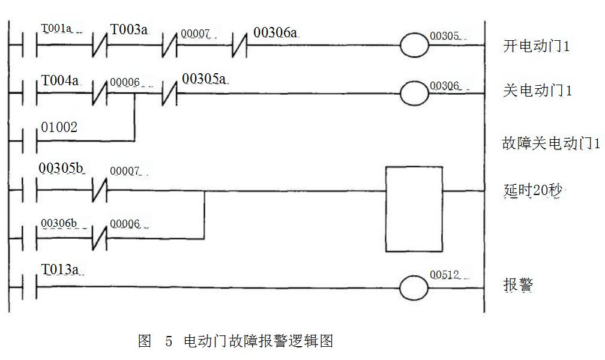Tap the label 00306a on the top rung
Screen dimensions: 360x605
pyautogui.click(x=275, y=32)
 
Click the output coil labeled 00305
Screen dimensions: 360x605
pyautogui.click(x=415, y=46)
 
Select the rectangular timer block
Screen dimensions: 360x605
pyautogui.click(x=414, y=209)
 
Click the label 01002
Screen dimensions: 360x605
pyautogui.click(x=59, y=127)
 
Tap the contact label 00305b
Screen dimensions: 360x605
pyautogui.click(x=61, y=169)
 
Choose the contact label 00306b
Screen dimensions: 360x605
pyautogui.click(x=59, y=223)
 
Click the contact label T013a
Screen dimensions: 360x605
pyautogui.click(x=59, y=270)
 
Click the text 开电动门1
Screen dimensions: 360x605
pyautogui.click(x=537, y=46)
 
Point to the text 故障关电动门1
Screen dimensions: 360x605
pyautogui.click(x=551, y=143)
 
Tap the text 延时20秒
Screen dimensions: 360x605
pyautogui.click(x=534, y=192)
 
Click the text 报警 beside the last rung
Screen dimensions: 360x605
pyautogui.click(x=517, y=284)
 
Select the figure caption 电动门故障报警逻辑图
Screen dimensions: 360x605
pyautogui.click(x=257, y=341)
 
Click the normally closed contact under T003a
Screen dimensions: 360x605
pyautogui.click(x=100, y=46)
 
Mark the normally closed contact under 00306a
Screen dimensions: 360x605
pyautogui.click(x=240, y=46)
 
